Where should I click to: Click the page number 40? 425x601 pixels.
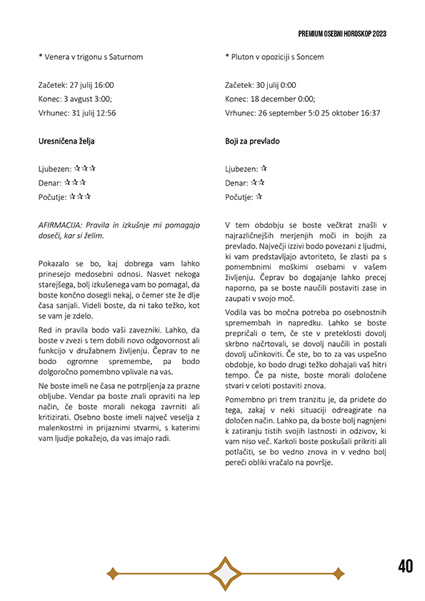[406, 567]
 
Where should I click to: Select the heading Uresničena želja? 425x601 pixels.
[66, 141]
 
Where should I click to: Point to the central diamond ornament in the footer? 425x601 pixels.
[225, 572]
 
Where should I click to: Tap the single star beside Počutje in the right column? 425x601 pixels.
[259, 196]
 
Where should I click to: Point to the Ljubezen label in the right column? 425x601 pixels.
[241, 169]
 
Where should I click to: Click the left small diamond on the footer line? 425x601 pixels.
[111, 572]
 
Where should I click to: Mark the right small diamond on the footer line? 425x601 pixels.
[339, 572]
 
